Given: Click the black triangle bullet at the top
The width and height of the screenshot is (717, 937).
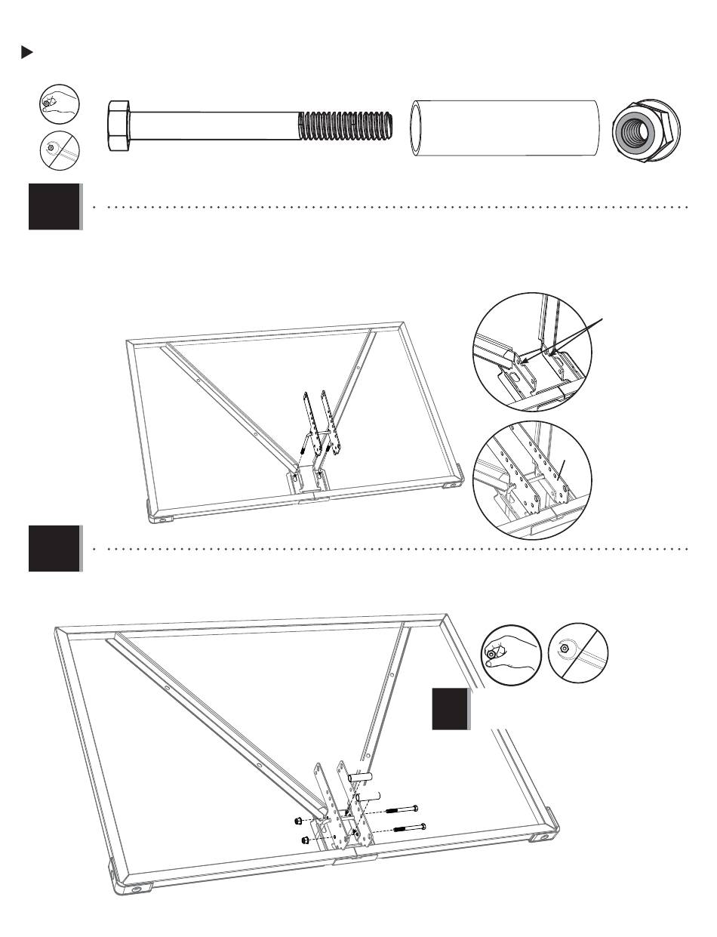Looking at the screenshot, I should (x=27, y=53).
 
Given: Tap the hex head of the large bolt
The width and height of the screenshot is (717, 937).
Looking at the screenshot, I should (x=118, y=126).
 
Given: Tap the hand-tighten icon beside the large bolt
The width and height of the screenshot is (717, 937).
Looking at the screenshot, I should (x=60, y=103).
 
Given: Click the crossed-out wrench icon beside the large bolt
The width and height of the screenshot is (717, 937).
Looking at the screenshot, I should (x=60, y=150).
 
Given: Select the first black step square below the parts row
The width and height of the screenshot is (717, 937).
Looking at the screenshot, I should (x=54, y=206).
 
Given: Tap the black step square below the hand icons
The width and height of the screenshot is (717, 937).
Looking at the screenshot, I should (x=451, y=709).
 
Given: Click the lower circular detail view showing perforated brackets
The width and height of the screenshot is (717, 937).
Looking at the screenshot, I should (x=531, y=480).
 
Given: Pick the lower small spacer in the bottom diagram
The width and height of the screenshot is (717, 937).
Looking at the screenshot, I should (x=366, y=796).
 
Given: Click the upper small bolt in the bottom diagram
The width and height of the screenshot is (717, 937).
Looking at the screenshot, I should (x=402, y=810).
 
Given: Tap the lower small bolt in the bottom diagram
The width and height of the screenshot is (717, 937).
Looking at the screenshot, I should (x=408, y=828).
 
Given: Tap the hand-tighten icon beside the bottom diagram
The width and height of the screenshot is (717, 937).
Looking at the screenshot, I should (x=510, y=652).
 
